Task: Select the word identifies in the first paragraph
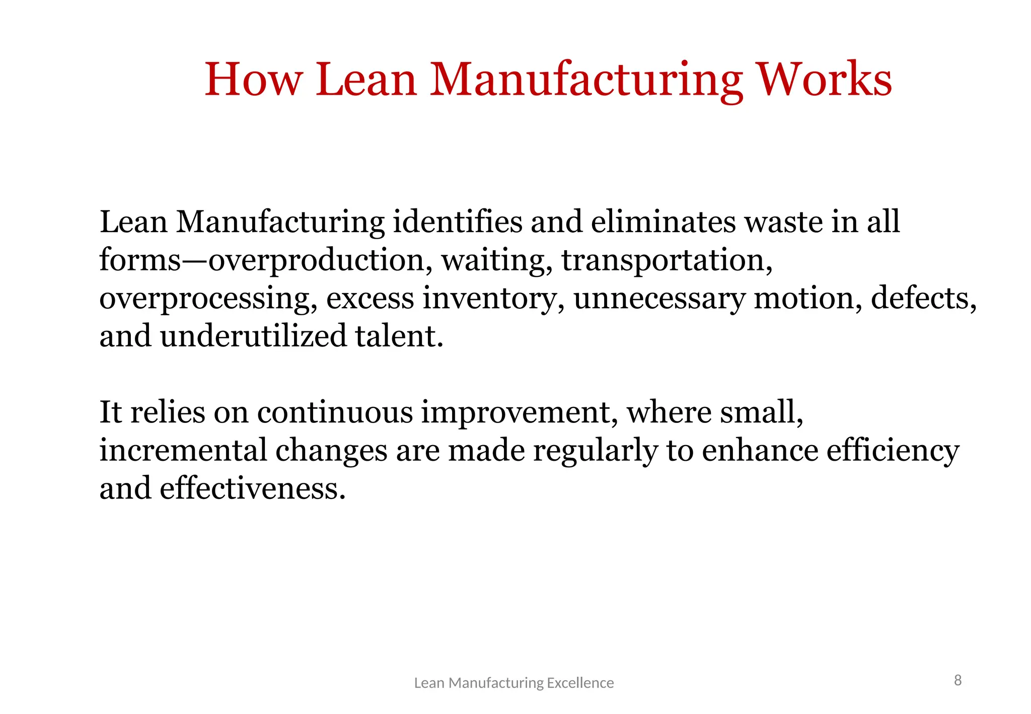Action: (457, 222)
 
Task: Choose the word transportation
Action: (667, 261)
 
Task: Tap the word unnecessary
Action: (659, 299)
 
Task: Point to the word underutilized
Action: (253, 336)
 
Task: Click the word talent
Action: (399, 336)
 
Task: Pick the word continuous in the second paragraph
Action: (335, 412)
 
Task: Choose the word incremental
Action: (183, 450)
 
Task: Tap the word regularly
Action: (596, 450)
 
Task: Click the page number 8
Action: (958, 681)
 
